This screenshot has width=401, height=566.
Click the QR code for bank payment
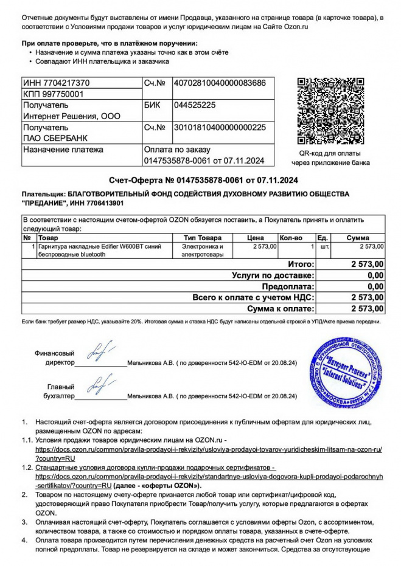(330, 111)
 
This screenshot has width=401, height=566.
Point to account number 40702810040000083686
(219, 82)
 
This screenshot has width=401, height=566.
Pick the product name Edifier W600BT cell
(100, 250)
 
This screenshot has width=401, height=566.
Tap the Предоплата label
(288, 286)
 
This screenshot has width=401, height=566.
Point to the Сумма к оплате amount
(367, 308)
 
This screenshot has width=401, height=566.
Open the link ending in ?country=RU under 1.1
(55, 457)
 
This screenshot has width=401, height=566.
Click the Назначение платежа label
(63, 150)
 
